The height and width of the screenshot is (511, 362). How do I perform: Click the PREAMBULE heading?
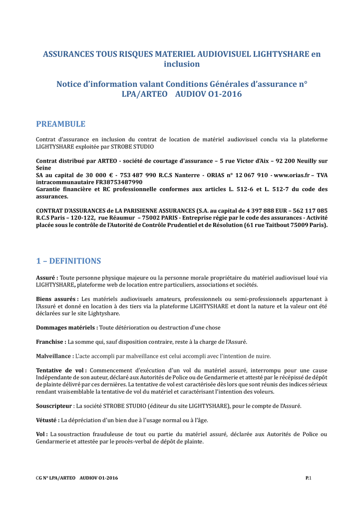(x=60, y=124)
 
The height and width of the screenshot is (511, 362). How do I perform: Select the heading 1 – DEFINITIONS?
(x=68, y=261)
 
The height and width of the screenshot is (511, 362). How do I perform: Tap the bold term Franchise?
(x=51, y=342)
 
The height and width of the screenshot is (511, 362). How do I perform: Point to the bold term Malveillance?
(x=55, y=356)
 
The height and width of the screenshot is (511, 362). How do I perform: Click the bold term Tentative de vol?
(x=61, y=370)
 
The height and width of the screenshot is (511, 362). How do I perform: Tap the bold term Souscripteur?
(x=55, y=406)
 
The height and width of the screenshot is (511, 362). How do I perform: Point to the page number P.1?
(x=309, y=479)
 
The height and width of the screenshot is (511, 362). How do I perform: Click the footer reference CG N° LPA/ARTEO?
(x=55, y=479)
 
